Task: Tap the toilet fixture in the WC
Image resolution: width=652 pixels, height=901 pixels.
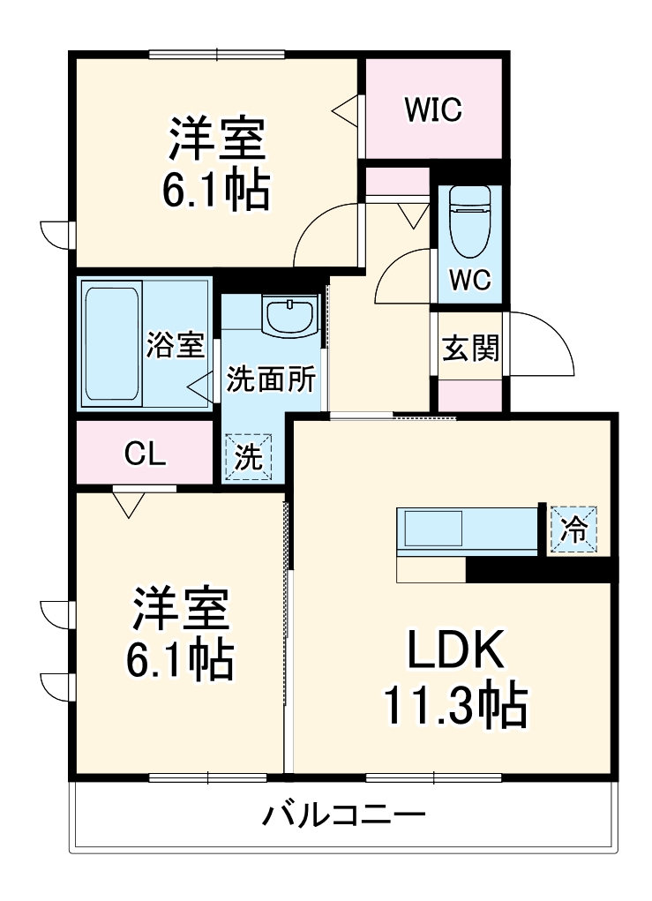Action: [468, 221]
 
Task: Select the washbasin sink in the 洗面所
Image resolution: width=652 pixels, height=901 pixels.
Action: [289, 315]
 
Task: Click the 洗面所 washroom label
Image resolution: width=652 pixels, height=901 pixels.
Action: [271, 379]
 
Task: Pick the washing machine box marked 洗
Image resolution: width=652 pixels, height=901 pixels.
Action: [248, 457]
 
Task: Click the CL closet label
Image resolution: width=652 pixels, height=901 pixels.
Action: [145, 454]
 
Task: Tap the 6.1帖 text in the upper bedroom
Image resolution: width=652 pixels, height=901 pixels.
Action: [214, 188]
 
